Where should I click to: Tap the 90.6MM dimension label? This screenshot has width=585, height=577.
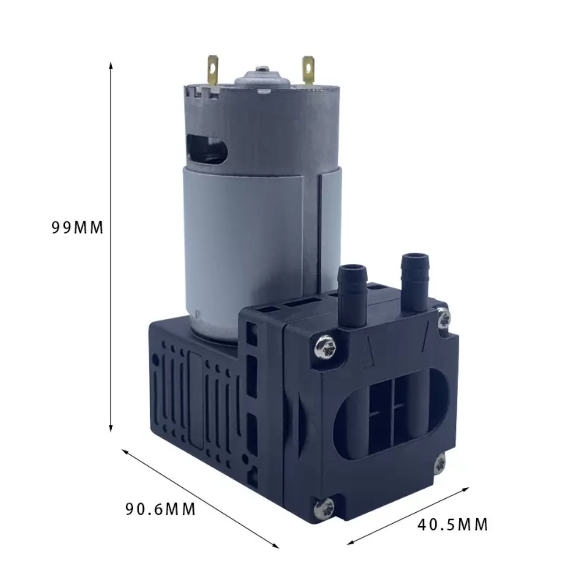pyautogui.click(x=161, y=509)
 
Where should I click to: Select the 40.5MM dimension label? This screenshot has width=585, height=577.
pyautogui.click(x=452, y=525)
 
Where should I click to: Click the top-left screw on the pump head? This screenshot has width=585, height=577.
pyautogui.click(x=325, y=347)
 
